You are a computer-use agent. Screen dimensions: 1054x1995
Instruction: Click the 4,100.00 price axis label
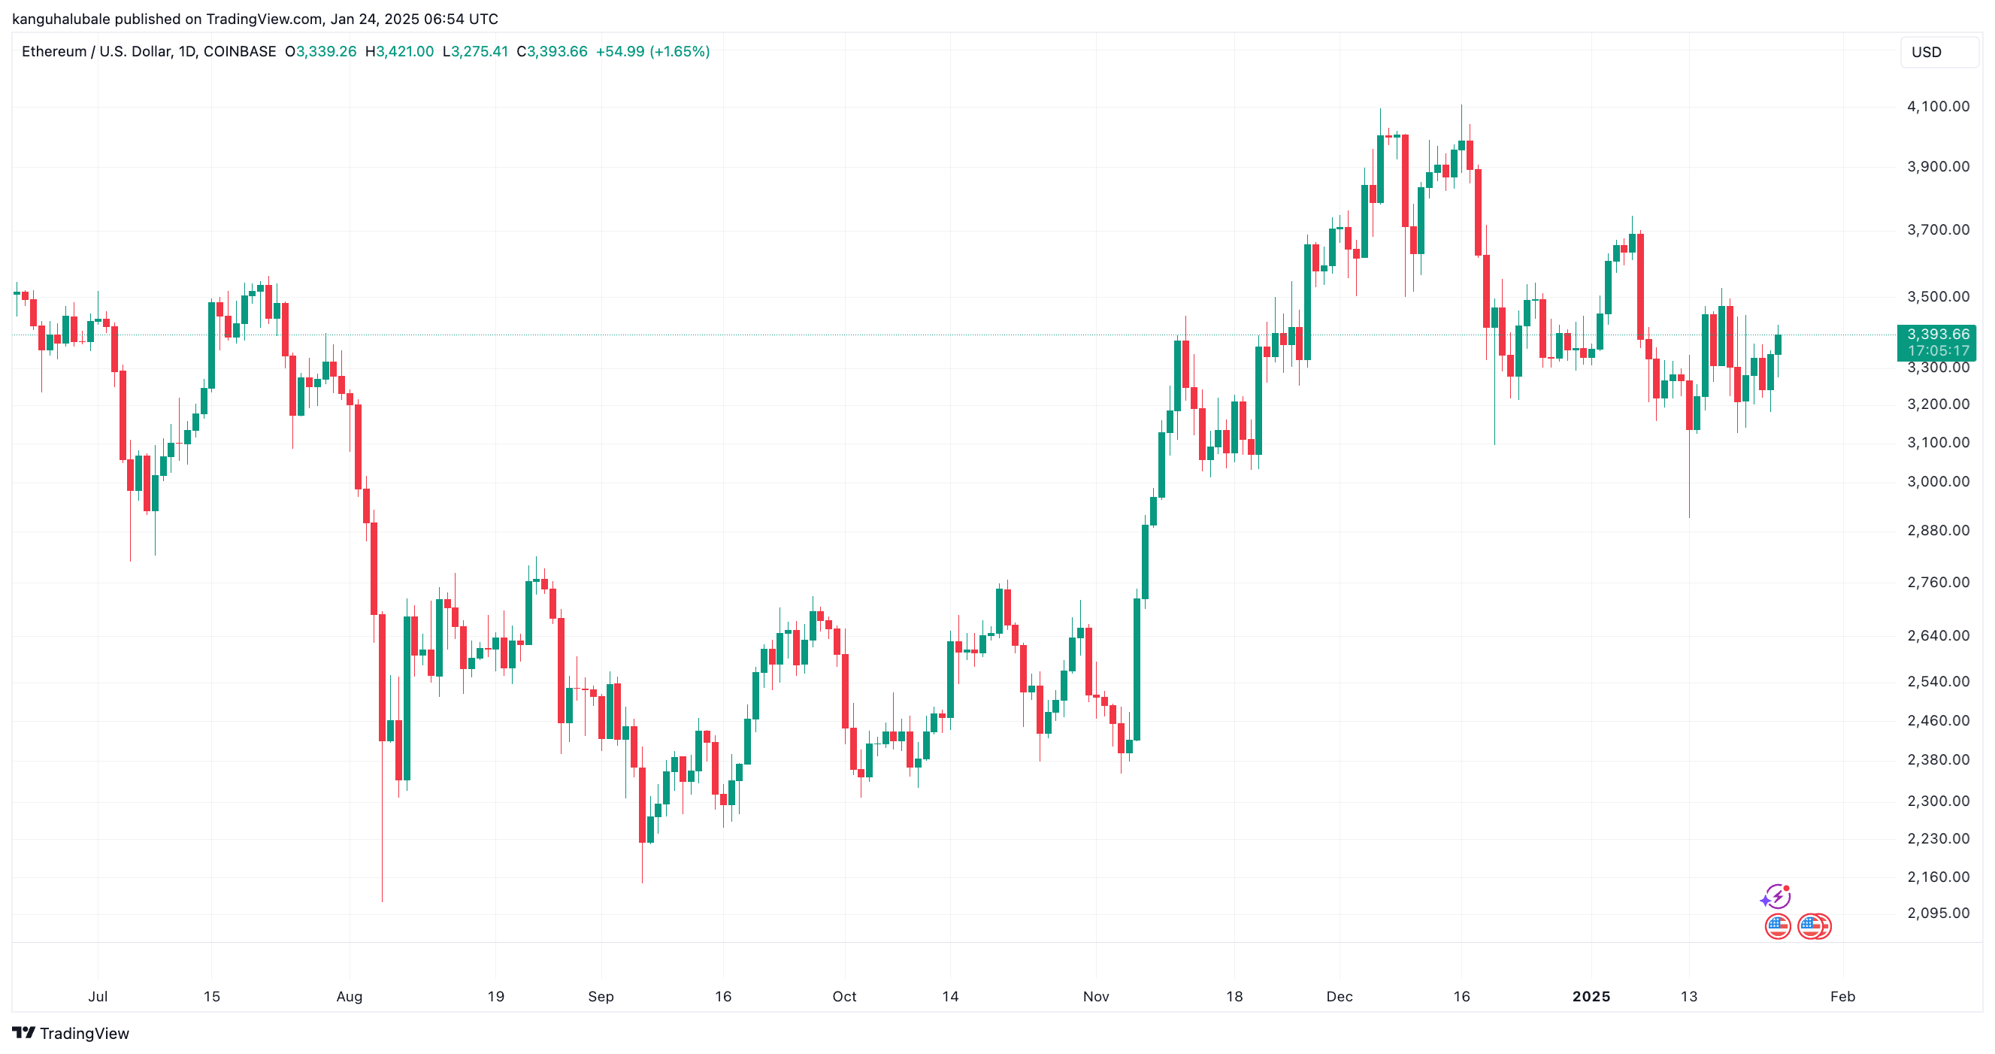[1938, 106]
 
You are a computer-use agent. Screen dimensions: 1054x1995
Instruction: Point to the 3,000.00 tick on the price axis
[1938, 481]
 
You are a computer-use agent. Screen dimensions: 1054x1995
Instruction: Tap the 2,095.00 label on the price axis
[1938, 912]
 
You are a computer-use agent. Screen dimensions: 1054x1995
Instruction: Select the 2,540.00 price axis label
[1938, 680]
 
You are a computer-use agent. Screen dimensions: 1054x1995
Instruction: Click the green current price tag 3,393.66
[1938, 335]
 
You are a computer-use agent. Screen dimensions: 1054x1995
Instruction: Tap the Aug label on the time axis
[350, 996]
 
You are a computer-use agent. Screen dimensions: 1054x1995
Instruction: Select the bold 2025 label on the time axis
[1591, 996]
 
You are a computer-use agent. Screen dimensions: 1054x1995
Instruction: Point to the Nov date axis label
[1095, 996]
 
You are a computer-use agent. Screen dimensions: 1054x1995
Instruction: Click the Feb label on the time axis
[1842, 996]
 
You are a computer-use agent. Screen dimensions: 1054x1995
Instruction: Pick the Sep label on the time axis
[600, 996]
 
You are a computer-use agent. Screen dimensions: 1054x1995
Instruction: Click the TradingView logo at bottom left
[71, 1033]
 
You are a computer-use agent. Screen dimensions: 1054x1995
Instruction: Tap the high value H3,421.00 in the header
[399, 51]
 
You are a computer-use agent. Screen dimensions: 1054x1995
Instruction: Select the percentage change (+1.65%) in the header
[680, 51]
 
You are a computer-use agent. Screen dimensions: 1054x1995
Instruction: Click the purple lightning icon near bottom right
[1775, 896]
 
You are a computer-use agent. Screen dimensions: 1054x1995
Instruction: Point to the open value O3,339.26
[321, 51]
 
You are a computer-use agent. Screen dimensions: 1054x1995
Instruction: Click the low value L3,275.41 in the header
[475, 51]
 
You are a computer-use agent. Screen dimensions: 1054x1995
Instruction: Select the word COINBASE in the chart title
[239, 51]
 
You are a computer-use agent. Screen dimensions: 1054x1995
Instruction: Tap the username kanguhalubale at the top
[61, 19]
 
